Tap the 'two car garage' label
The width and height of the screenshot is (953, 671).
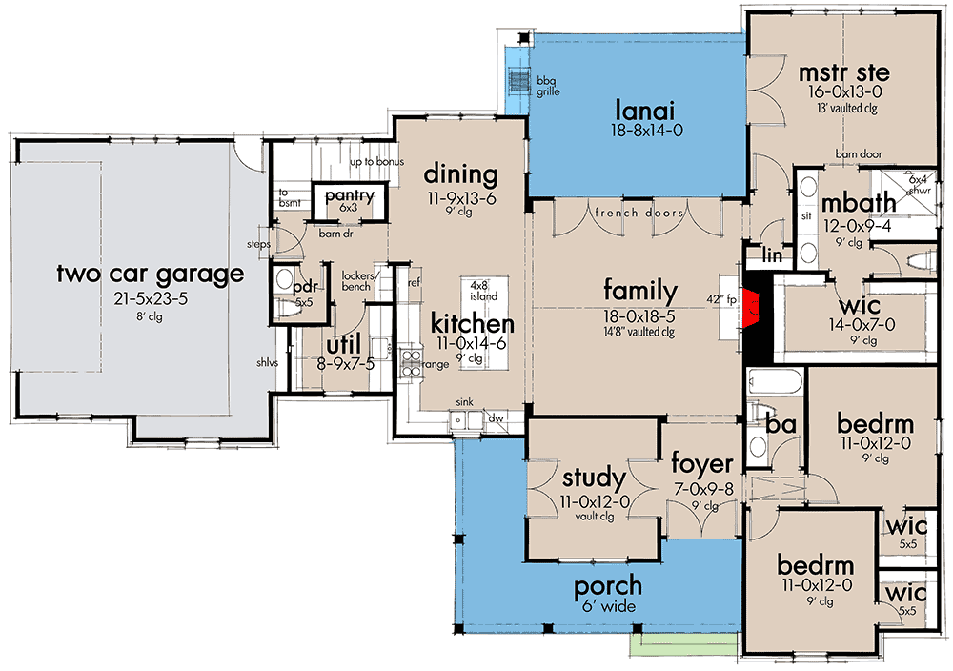point(150,274)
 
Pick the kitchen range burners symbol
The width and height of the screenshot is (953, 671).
point(411,360)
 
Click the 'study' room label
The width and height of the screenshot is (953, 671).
point(594,477)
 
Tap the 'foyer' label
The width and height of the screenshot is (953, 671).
point(702,464)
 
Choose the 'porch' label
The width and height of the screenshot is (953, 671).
point(609,585)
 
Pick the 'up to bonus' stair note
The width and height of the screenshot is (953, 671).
point(377,162)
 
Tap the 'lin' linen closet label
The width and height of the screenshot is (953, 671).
point(772,256)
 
